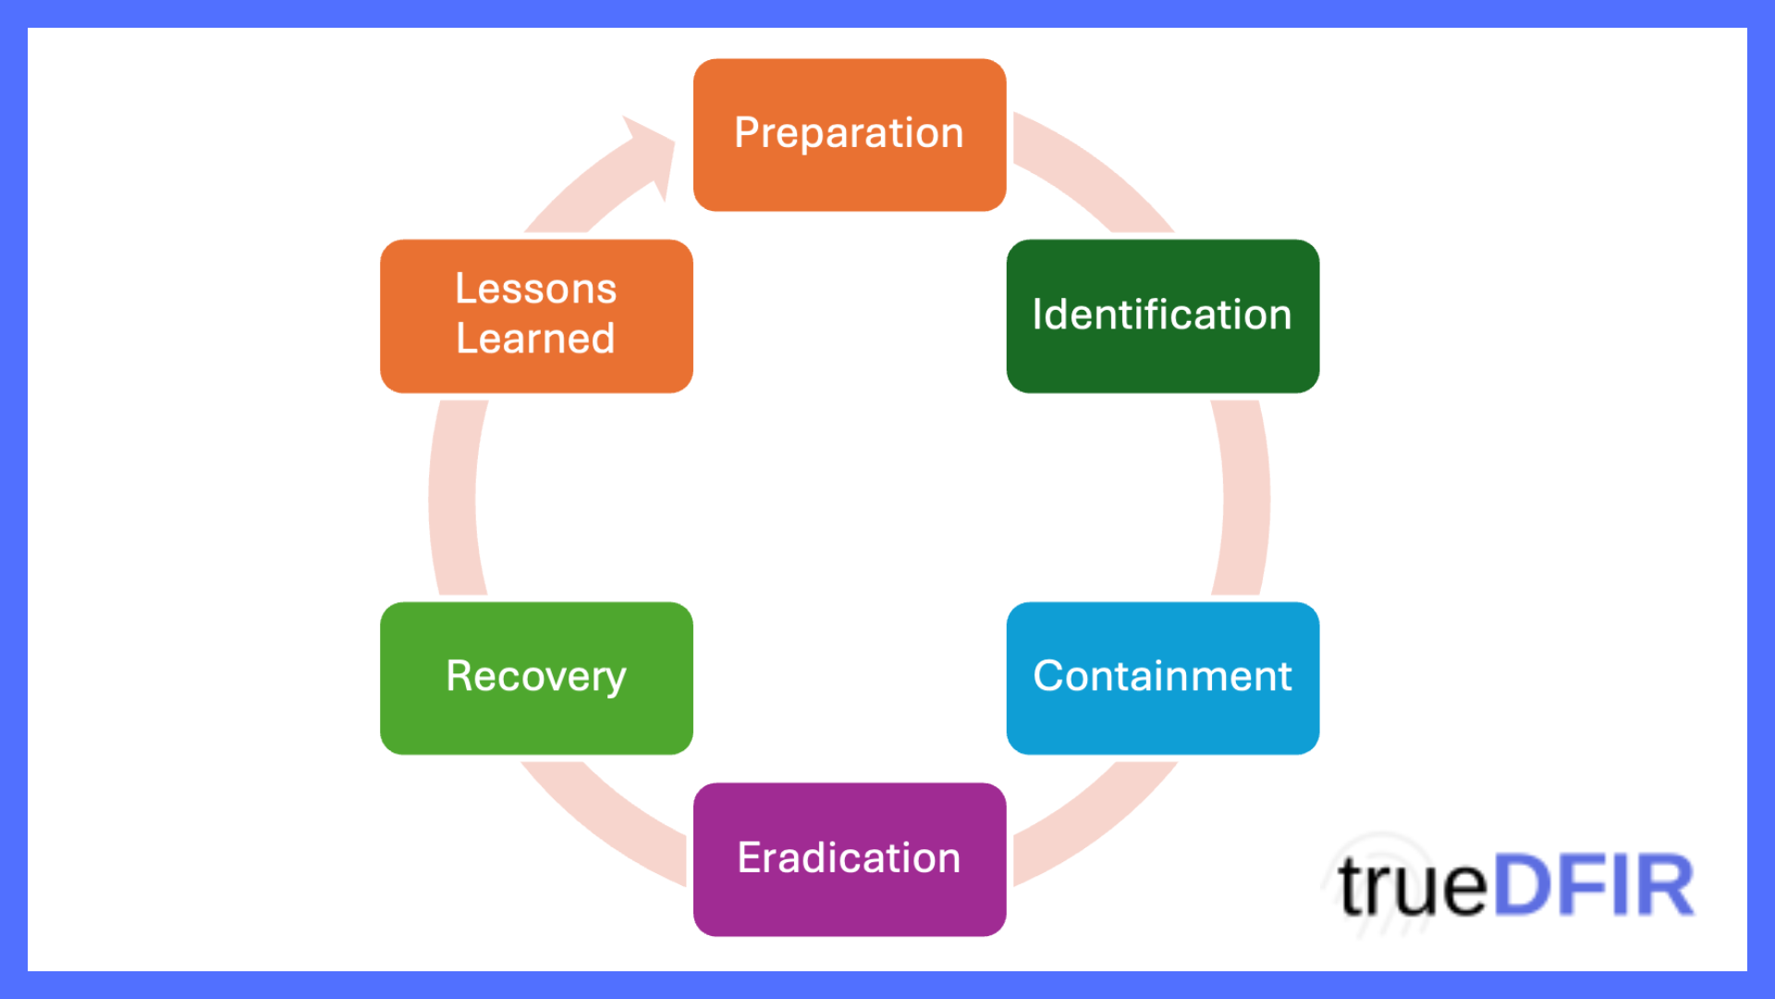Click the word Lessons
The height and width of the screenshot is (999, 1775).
pos(535,289)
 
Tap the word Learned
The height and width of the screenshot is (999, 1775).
pos(535,339)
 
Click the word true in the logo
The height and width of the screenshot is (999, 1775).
pos(1412,886)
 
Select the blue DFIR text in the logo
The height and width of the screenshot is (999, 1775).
pos(1593,886)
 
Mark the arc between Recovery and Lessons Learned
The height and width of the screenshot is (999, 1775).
pos(453,498)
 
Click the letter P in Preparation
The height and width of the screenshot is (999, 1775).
pos(747,132)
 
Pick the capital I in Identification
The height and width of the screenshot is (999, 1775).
pos(1037,314)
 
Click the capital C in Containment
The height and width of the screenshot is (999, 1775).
pos(1049,676)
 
